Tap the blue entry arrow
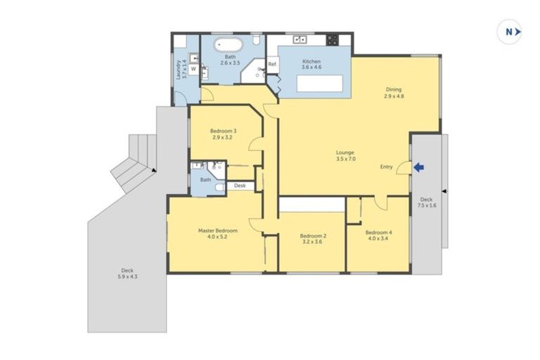pyautogui.click(x=420, y=167)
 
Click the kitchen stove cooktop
pyautogui.click(x=331, y=39)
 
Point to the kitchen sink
pyautogui.click(x=300, y=39)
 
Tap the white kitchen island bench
pyautogui.click(x=321, y=84)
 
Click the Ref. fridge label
pyautogui.click(x=272, y=65)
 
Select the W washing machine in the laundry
pyautogui.click(x=193, y=69)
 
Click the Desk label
pyautogui.click(x=240, y=186)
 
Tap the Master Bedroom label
pyautogui.click(x=217, y=231)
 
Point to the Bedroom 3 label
pyautogui.click(x=223, y=131)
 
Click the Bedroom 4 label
pyautogui.click(x=379, y=232)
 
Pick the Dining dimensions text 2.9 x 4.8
pyautogui.click(x=393, y=96)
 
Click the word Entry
pyautogui.click(x=386, y=167)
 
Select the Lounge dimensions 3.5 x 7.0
pyautogui.click(x=345, y=160)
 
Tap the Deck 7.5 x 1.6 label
pyautogui.click(x=427, y=202)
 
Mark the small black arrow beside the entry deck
pyautogui.click(x=444, y=191)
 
